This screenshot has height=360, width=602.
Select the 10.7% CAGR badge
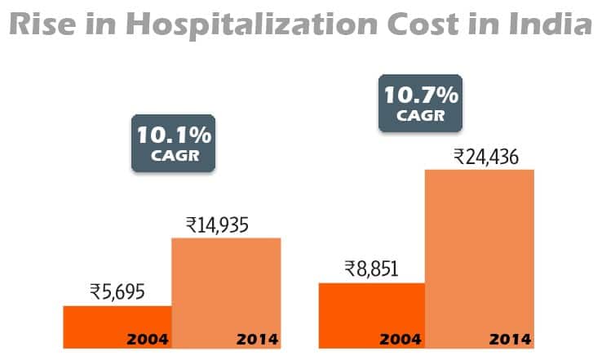click(x=421, y=102)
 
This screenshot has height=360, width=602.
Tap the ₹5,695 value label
click(x=117, y=291)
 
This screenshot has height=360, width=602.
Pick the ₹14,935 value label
click(x=226, y=223)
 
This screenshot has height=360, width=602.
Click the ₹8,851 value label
click(x=371, y=268)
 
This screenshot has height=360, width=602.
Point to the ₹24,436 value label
click(x=480, y=155)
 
